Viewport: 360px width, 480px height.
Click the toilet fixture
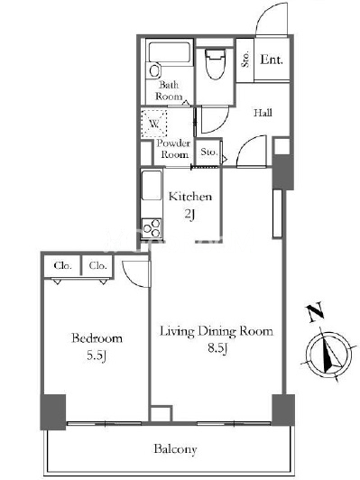pos(216,64)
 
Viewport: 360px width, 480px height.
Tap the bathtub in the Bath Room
pos(170,53)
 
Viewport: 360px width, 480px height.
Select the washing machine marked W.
pos(154,123)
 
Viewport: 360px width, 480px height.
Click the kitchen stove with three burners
pos(152,227)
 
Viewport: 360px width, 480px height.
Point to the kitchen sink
pos(152,186)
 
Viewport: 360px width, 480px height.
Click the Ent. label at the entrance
pos(272,60)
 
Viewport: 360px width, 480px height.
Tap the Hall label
pos(263,113)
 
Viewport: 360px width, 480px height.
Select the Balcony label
pos(175,449)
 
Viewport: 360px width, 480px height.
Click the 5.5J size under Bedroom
pos(97,355)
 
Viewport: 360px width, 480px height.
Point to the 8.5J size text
pos(217,348)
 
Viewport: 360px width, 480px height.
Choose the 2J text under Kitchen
pos(189,215)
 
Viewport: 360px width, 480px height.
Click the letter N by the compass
pos(315,312)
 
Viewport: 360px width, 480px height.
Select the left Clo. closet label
pos(63,265)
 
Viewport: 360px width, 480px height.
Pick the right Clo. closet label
pos(98,265)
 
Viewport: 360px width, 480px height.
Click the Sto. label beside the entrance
pos(245,59)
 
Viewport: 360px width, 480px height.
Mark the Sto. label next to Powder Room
pos(209,152)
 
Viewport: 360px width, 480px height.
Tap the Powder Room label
pos(173,149)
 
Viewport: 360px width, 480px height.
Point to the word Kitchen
pos(190,196)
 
